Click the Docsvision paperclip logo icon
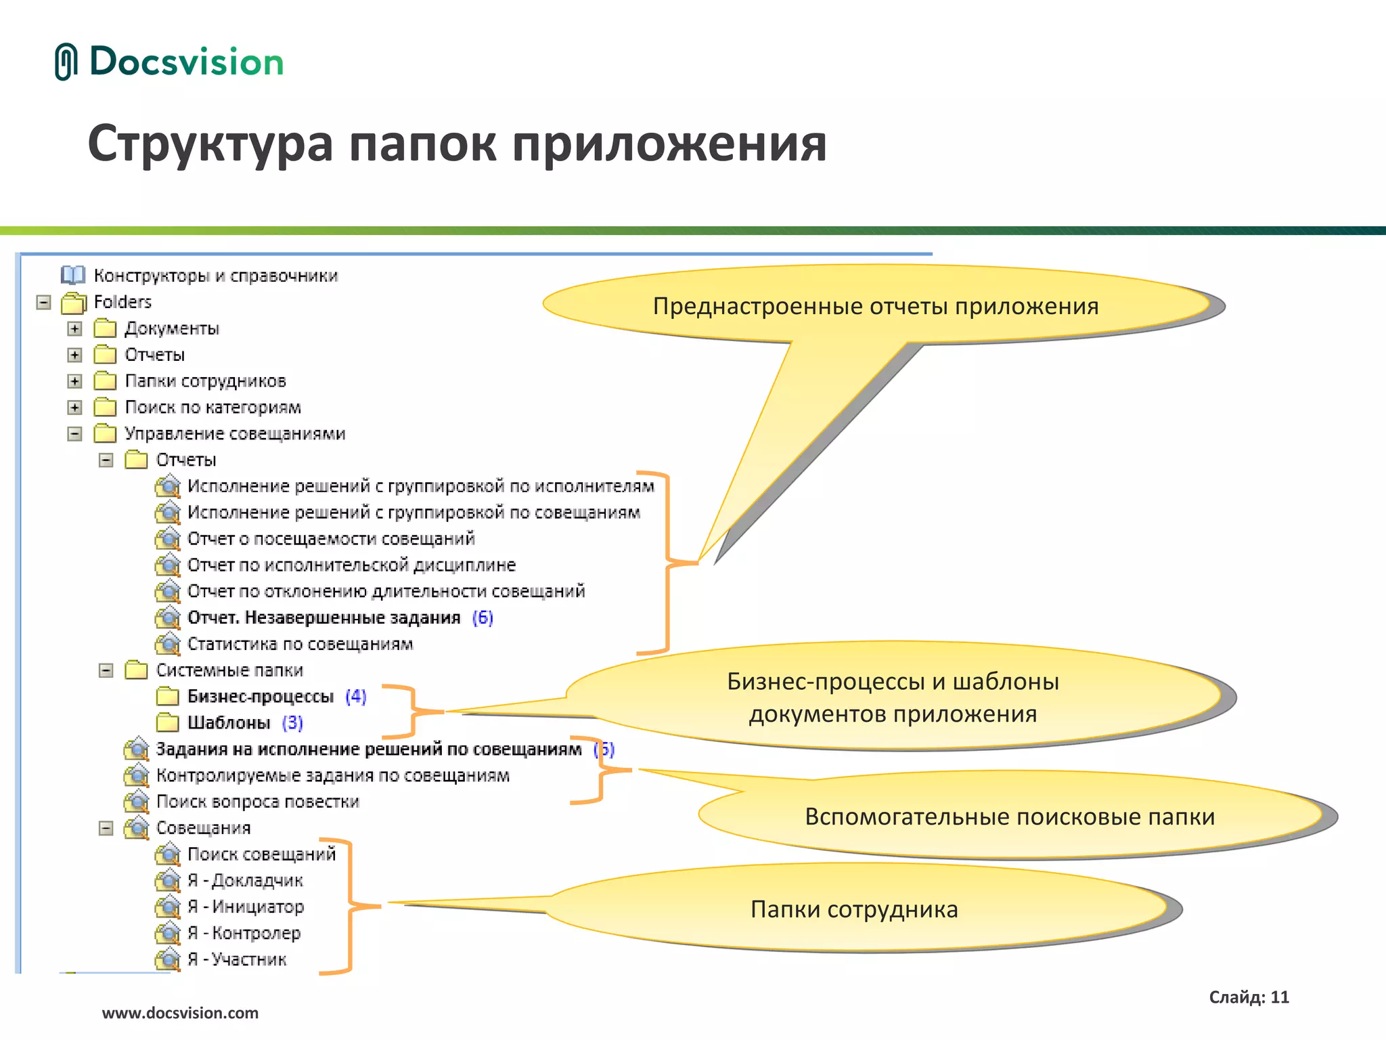point(66,62)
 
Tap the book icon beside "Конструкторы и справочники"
point(72,275)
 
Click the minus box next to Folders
point(44,302)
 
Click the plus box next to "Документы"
point(75,328)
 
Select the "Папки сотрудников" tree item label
point(205,381)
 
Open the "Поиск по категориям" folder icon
point(105,408)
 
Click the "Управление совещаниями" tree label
point(235,434)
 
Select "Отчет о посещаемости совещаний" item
point(331,539)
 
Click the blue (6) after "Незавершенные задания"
point(483,617)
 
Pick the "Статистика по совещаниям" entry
point(300,644)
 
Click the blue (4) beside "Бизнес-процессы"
point(355,697)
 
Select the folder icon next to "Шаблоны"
point(167,723)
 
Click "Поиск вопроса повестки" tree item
point(257,802)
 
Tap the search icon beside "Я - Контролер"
point(167,933)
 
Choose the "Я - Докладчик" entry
point(245,881)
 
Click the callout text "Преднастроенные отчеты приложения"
point(875,306)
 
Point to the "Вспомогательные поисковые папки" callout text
point(1009,817)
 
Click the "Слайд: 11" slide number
point(1249,997)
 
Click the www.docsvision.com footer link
point(180,1013)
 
